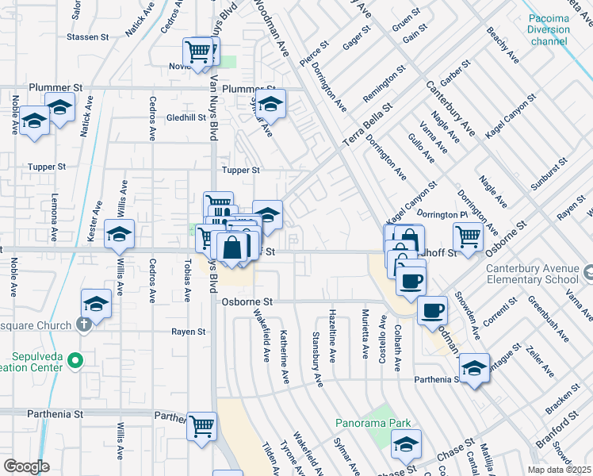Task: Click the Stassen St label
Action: [88, 37]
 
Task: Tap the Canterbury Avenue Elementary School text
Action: [533, 274]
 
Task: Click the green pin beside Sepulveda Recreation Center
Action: [75, 362]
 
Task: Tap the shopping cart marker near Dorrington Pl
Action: [468, 236]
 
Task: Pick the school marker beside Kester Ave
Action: [119, 234]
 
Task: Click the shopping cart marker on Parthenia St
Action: [201, 426]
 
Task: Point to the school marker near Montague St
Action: [474, 368]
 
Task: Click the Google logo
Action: [26, 466]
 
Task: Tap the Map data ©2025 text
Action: [558, 470]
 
